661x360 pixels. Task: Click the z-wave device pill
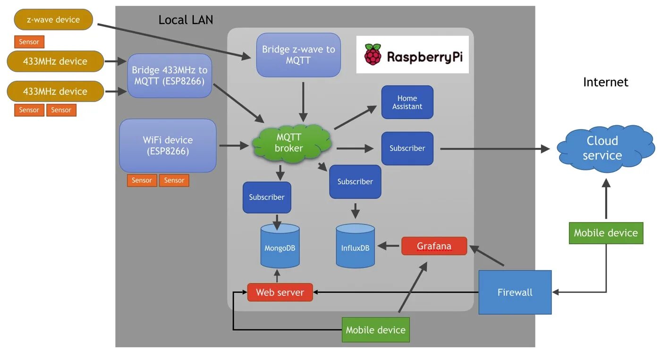point(53,20)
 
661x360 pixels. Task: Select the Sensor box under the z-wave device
point(29,42)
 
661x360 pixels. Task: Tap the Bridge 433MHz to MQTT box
point(169,76)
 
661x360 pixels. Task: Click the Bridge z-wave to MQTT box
point(298,55)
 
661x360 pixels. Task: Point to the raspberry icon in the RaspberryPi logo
point(373,54)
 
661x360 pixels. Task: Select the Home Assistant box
point(407,102)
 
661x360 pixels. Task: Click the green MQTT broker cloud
point(289,143)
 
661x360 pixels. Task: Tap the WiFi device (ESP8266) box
point(168,145)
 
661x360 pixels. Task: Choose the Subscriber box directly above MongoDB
point(267,197)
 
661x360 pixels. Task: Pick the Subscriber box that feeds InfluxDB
point(355,181)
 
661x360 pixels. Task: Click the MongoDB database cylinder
point(280,246)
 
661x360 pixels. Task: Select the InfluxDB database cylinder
point(355,246)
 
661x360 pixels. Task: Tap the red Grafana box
point(434,246)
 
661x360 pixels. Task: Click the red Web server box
point(280,292)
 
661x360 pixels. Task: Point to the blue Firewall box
point(515,292)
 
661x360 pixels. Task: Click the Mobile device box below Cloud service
point(606,233)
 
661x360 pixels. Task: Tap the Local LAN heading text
point(186,20)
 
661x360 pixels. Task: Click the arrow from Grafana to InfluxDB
point(388,246)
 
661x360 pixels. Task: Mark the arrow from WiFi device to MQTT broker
point(234,146)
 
